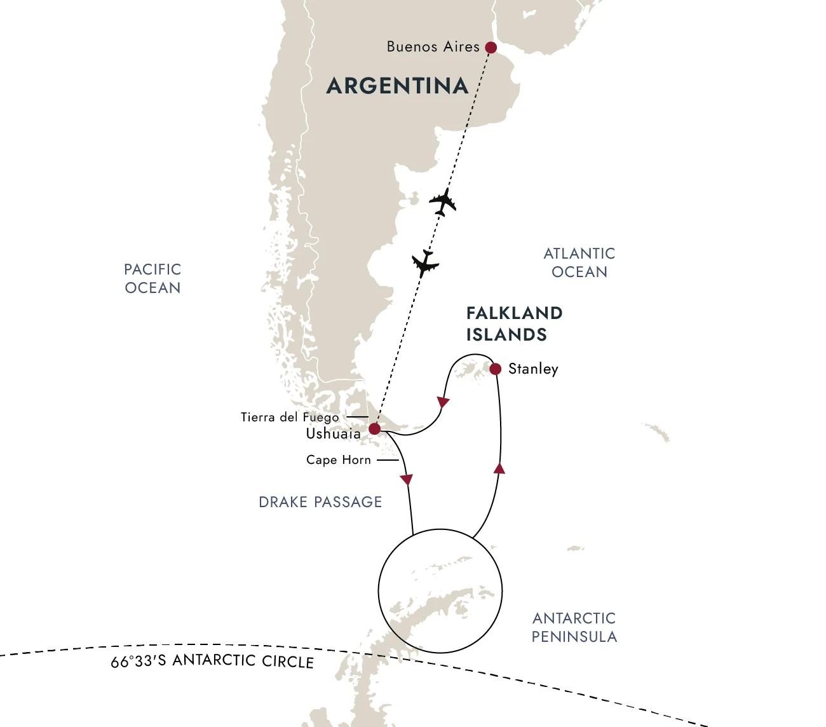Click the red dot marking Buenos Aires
coord(491,48)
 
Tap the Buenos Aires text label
coord(433,47)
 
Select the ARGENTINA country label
coord(397,86)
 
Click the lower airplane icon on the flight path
coord(425,263)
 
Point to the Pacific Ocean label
coord(152,278)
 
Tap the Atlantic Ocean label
coord(579,262)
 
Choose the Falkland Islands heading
coord(514,323)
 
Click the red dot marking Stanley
coord(496,369)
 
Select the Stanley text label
coord(533,369)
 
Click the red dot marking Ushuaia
coord(375,429)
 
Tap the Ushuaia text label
coord(333,434)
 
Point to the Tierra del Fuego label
coord(290,418)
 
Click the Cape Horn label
coord(338,460)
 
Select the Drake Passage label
coord(320,502)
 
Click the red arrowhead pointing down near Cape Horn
coord(407,480)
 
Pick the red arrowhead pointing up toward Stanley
coord(499,469)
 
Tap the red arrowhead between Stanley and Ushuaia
coord(443,402)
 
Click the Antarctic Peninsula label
coord(574,627)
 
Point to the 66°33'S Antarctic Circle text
coord(212,661)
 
